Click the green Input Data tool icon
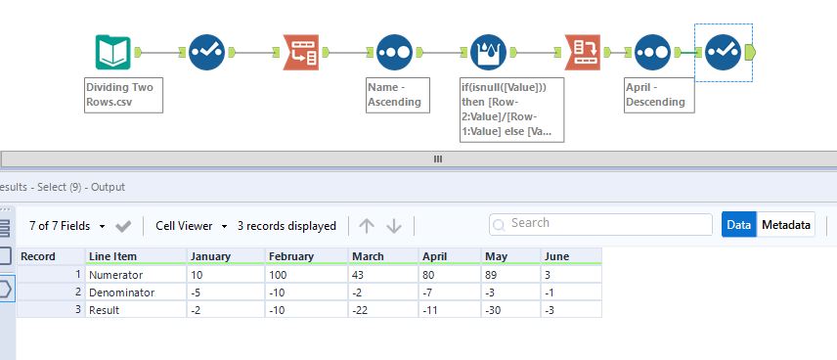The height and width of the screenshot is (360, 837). pos(113,52)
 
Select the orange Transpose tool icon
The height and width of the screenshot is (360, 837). pos(301,52)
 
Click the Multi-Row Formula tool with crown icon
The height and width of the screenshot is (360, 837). pos(487,52)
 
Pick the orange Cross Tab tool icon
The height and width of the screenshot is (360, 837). pos(582,52)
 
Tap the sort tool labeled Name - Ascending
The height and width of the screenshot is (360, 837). pos(394,52)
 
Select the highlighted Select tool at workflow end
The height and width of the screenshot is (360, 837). pos(724,52)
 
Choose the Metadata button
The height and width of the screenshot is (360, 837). pos(787,225)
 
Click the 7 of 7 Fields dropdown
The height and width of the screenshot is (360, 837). pos(67,226)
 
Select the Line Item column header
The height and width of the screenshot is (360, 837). pos(134,256)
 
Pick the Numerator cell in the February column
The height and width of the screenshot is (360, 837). pos(306,274)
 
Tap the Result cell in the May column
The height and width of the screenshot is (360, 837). pos(510,309)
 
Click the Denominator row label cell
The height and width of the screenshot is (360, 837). pos(134,292)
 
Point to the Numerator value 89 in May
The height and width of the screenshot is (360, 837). pos(510,274)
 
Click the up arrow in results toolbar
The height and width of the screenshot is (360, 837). pos(367,226)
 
